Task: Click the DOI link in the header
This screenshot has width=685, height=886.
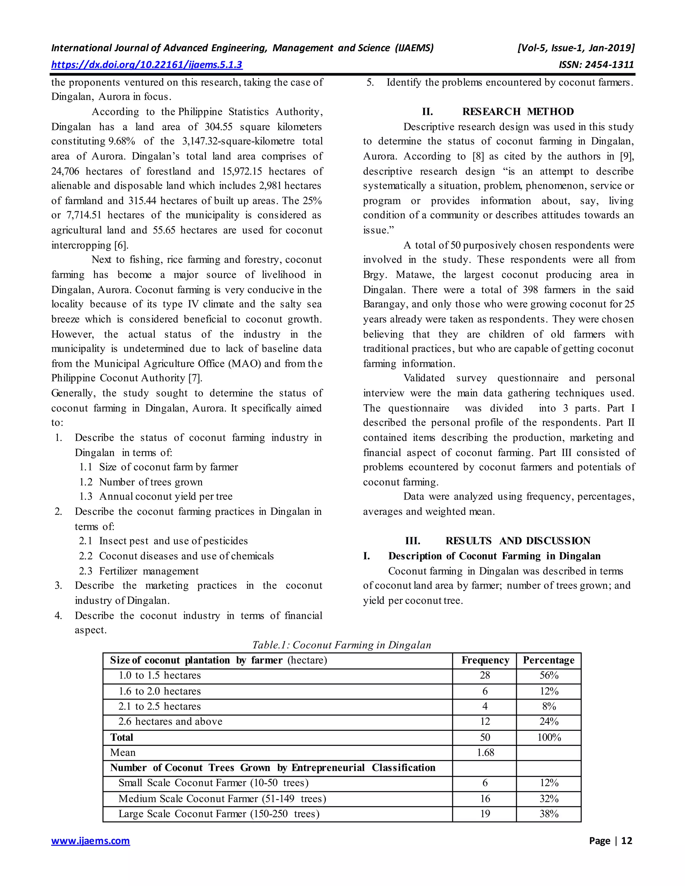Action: click(146, 65)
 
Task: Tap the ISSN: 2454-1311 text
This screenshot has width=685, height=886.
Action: click(596, 65)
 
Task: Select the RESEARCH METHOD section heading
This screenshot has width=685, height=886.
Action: click(518, 112)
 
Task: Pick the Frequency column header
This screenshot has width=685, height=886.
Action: click(485, 660)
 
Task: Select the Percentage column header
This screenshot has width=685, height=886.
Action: click(549, 660)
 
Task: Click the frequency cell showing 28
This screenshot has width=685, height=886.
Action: click(485, 675)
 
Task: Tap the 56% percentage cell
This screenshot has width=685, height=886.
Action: click(549, 675)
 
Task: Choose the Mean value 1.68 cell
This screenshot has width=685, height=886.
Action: click(485, 753)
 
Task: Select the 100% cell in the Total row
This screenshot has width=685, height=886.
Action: click(549, 738)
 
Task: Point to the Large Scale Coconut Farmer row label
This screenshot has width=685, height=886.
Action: click(219, 814)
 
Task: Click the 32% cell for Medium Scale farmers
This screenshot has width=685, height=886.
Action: click(549, 799)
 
